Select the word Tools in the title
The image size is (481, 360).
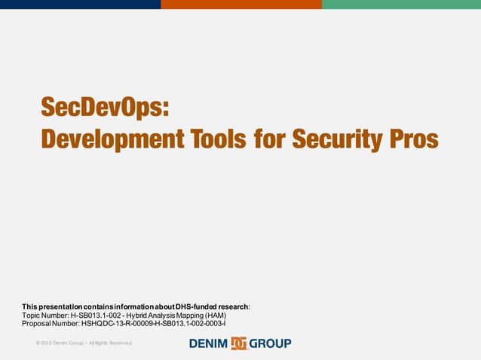[219, 139]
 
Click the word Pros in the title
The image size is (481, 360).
[414, 139]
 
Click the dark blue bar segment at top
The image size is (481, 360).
[80, 5]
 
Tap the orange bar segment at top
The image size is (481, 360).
[241, 5]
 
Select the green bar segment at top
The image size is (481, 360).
[401, 5]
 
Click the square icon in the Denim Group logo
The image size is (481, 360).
[239, 343]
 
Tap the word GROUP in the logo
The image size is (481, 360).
[270, 343]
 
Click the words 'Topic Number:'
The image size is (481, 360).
[44, 315]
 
